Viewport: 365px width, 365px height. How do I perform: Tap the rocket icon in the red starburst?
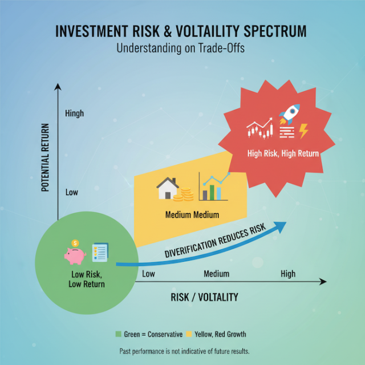coord(289,115)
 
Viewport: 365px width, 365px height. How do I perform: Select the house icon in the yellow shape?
coord(167,188)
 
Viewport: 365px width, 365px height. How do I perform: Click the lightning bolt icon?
coord(303,132)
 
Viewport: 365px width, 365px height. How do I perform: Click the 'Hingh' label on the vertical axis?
coord(74,113)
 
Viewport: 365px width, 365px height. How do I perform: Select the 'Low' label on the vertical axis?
coord(71,192)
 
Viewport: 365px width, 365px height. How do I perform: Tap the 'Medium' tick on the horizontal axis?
coord(216,274)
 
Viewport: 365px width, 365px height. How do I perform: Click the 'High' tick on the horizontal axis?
coord(288,274)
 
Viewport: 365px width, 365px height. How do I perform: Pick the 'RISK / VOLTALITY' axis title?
coord(204,297)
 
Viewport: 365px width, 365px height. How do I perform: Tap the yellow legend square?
coord(190,334)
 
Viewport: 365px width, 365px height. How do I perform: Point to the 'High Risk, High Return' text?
coord(283,153)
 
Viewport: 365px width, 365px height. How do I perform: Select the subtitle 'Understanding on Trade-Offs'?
coord(182,48)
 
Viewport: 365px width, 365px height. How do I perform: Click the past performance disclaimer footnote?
coord(184,351)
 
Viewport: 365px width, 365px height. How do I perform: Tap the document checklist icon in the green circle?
coord(100,252)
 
